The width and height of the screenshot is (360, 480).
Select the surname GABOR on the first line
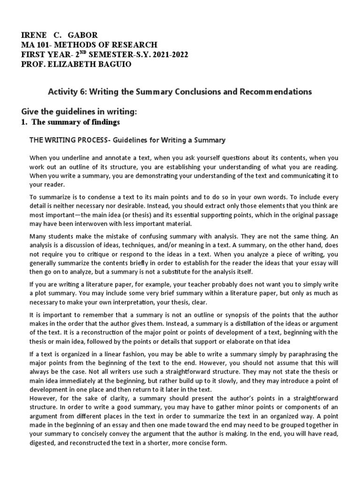(x=83, y=35)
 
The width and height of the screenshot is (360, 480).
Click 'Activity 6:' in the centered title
(x=66, y=92)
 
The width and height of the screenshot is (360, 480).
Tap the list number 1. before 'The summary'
(x=26, y=122)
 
